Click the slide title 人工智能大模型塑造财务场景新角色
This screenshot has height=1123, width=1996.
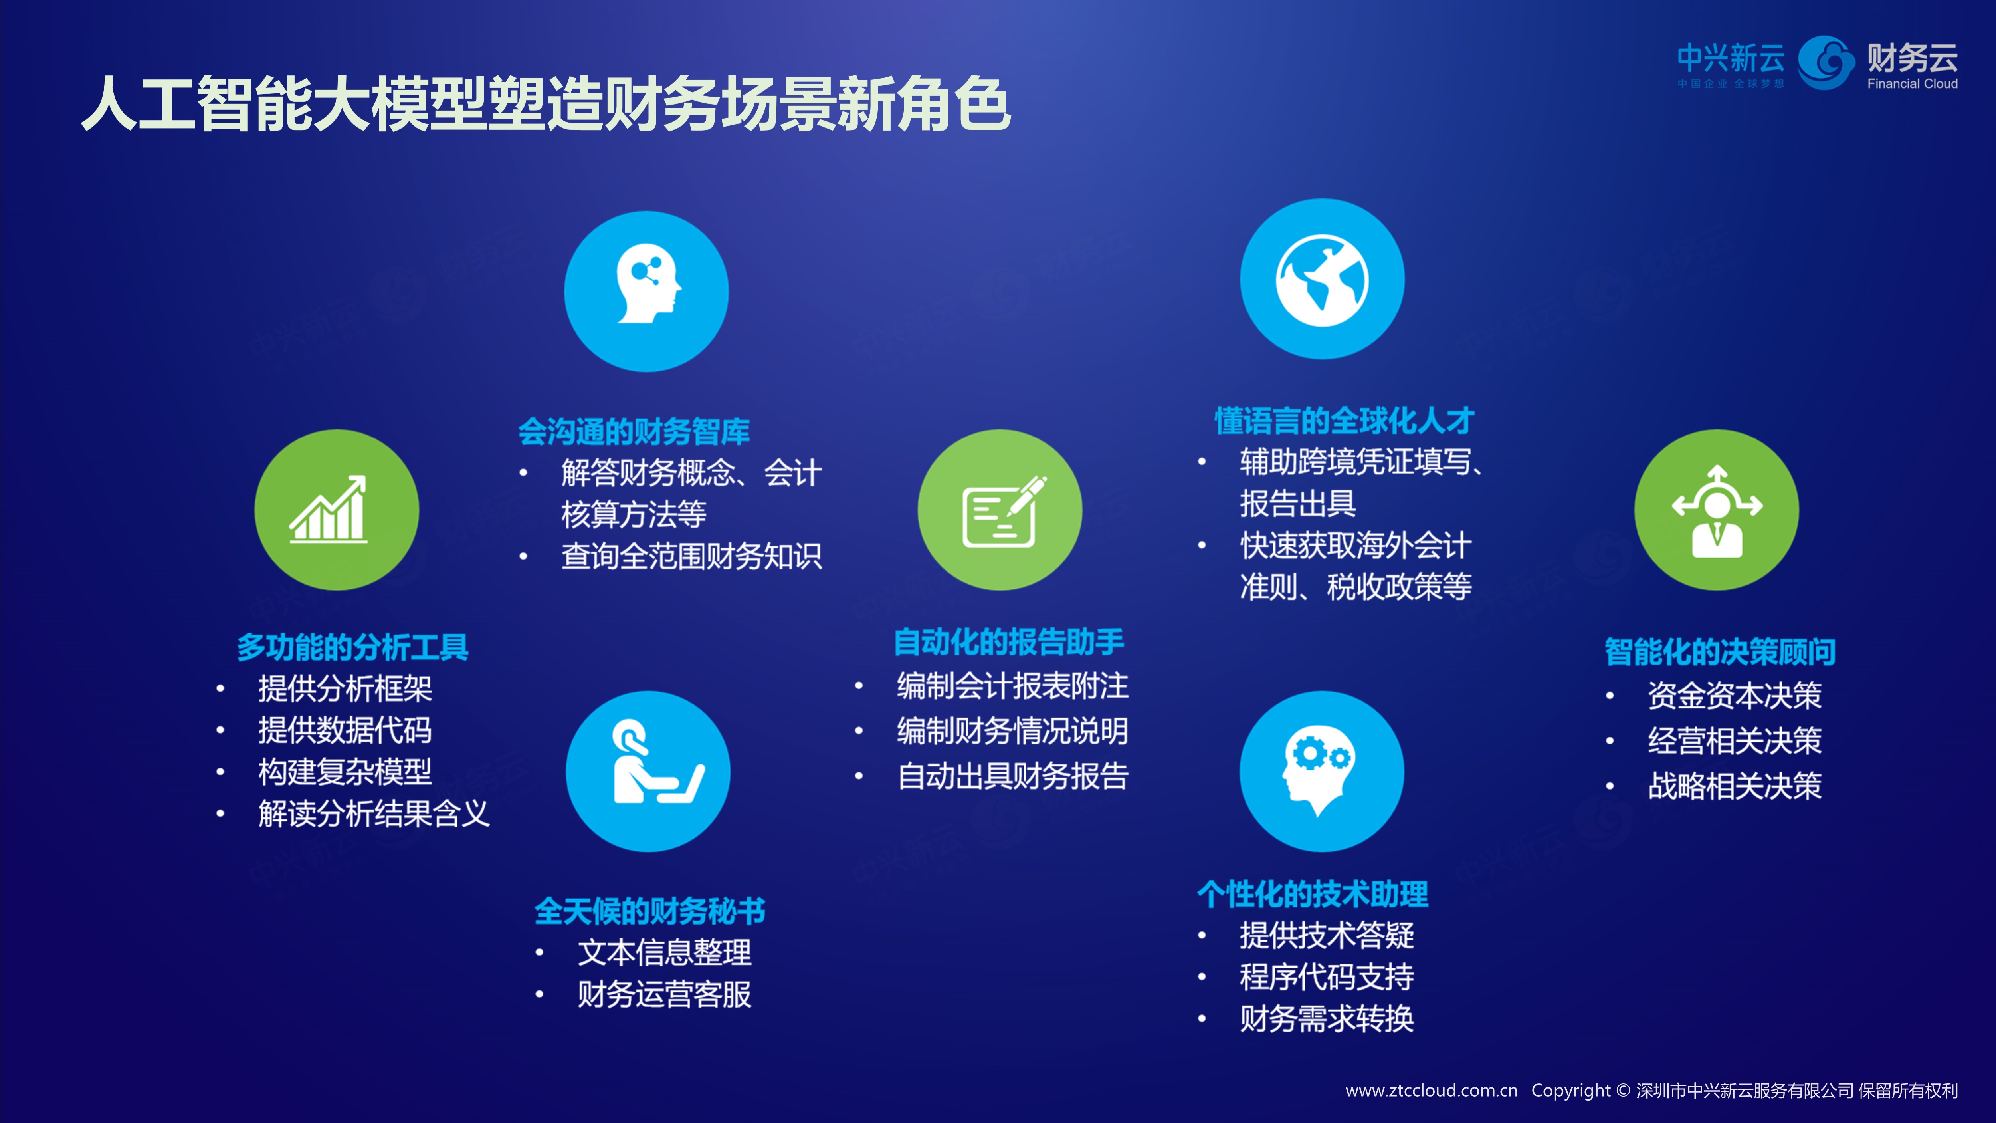(x=546, y=104)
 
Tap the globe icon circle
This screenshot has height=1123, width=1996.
(x=1322, y=279)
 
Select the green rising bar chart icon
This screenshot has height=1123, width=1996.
(x=337, y=510)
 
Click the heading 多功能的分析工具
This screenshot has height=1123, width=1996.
(x=352, y=647)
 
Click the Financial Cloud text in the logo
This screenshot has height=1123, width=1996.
(x=1912, y=84)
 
